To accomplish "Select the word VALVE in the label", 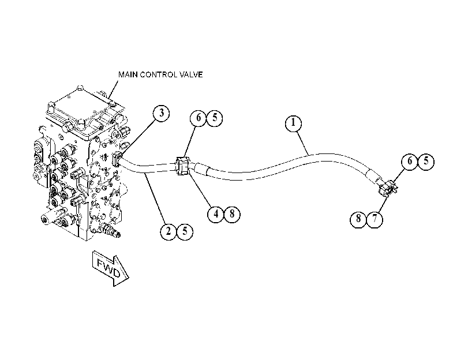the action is [x=190, y=74].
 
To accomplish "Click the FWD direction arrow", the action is [x=110, y=268].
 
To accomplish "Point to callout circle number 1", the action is [x=293, y=123].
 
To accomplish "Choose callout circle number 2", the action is [x=169, y=231].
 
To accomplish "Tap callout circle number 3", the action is [x=161, y=113].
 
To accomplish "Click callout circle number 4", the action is [x=216, y=213].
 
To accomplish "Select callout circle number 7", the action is [x=375, y=219].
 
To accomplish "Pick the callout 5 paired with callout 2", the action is [x=185, y=231].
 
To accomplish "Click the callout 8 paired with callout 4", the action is [x=232, y=213].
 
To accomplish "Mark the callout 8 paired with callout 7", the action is [x=358, y=219].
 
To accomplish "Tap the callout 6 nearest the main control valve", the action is [x=199, y=118].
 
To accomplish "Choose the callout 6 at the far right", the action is [x=410, y=162].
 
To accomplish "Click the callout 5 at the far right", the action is [x=426, y=162].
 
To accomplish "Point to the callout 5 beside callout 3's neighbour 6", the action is [x=215, y=118].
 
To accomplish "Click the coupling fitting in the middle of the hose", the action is [x=183, y=166].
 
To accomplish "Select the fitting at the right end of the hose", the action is [x=388, y=187].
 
